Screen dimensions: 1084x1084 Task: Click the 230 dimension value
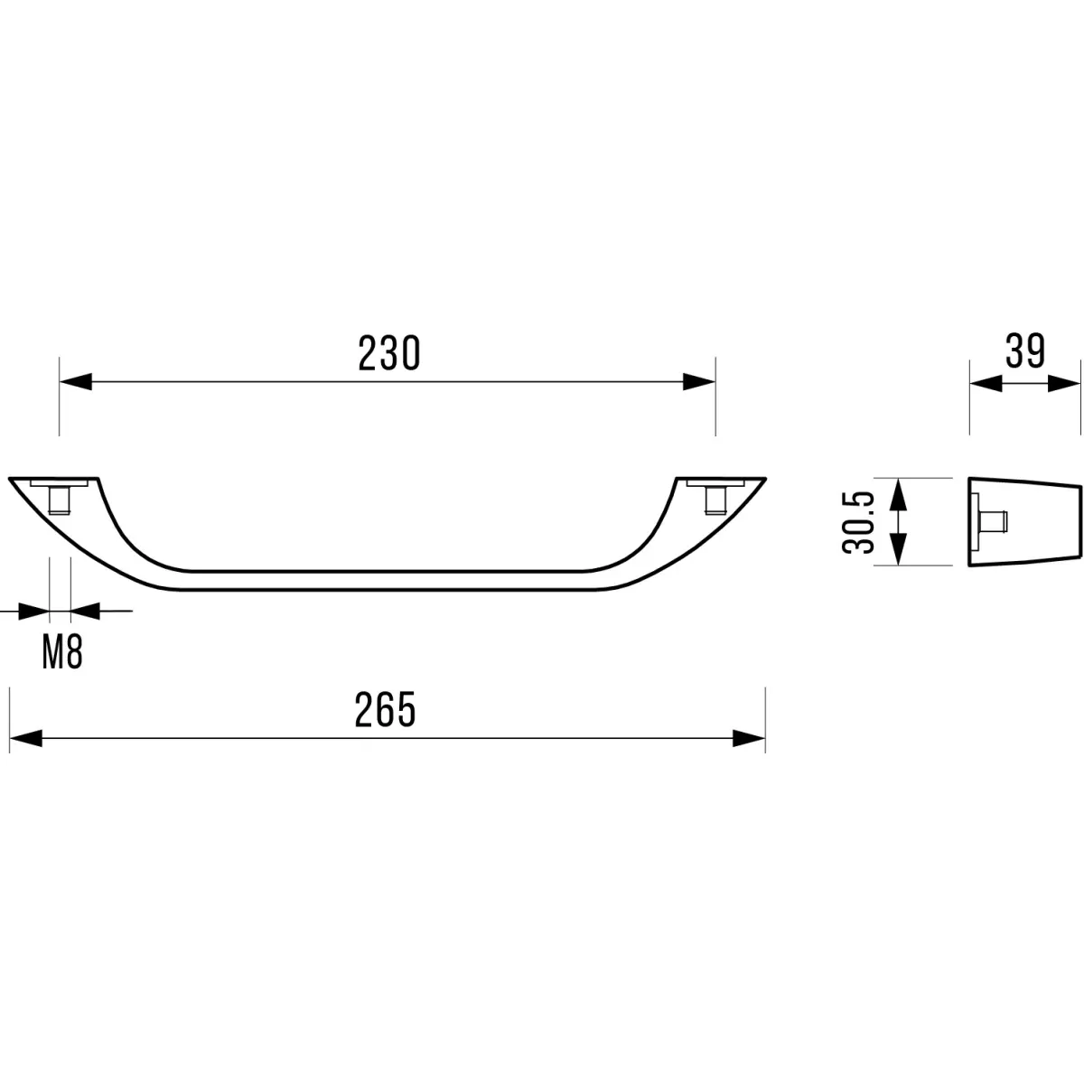(389, 353)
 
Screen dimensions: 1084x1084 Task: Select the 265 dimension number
(386, 709)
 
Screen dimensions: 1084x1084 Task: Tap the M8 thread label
(62, 653)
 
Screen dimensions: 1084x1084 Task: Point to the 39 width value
(1025, 351)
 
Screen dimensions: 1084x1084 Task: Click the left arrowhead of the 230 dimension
(75, 381)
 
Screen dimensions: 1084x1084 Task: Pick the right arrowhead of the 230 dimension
(699, 381)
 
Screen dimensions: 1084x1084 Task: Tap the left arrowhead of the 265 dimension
(26, 739)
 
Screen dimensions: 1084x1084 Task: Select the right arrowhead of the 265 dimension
(749, 739)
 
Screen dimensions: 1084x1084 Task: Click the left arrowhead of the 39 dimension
(986, 384)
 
